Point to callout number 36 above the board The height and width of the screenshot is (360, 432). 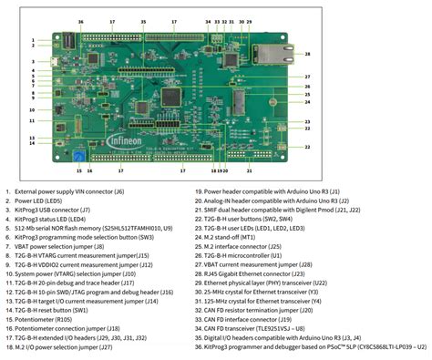(x=80, y=20)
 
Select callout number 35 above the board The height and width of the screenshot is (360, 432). (x=143, y=20)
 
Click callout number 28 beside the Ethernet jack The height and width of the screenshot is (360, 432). (x=307, y=54)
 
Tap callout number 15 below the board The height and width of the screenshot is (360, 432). (x=79, y=170)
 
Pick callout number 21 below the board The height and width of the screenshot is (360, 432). (x=249, y=170)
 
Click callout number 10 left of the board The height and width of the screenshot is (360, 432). (x=32, y=110)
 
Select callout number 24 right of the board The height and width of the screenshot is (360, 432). (x=307, y=101)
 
